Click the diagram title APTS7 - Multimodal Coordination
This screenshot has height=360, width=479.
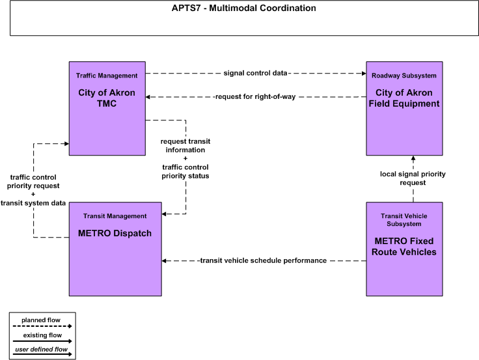pos(244,8)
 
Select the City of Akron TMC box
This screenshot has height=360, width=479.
pos(107,109)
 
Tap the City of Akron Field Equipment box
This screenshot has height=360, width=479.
pos(404,109)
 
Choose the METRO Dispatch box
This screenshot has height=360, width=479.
pos(115,249)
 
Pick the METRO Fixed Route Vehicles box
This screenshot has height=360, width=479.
pos(404,249)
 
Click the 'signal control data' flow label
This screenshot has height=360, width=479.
pos(255,73)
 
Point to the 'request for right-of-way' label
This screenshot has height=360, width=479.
pos(255,96)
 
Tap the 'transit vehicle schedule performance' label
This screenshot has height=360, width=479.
pos(264,260)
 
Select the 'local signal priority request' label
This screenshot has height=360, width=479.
pos(413,178)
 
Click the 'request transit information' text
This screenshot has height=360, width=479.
pos(185,145)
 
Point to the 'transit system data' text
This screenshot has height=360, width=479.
pos(33,203)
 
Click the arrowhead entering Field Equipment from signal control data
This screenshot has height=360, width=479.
pos(364,74)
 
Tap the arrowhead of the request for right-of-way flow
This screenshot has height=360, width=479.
pos(148,97)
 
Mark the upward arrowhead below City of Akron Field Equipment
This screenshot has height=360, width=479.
pos(413,158)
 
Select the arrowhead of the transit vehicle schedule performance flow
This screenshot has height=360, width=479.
pos(164,260)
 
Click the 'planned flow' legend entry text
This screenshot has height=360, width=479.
pos(41,320)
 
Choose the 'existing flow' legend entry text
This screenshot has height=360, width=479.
pos(42,335)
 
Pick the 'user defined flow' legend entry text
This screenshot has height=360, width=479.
pos(41,349)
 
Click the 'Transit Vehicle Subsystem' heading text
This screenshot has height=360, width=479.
pos(404,220)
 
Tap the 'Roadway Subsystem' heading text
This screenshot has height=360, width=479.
pos(404,76)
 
